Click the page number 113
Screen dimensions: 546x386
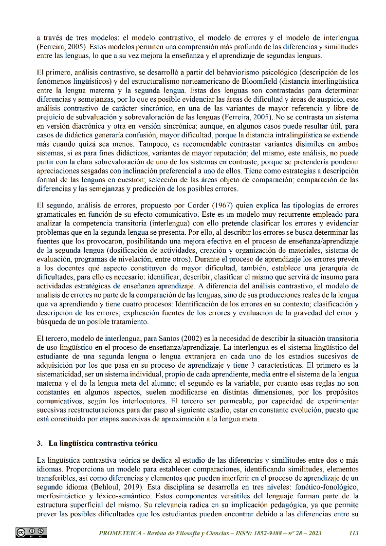[x=354, y=533]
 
